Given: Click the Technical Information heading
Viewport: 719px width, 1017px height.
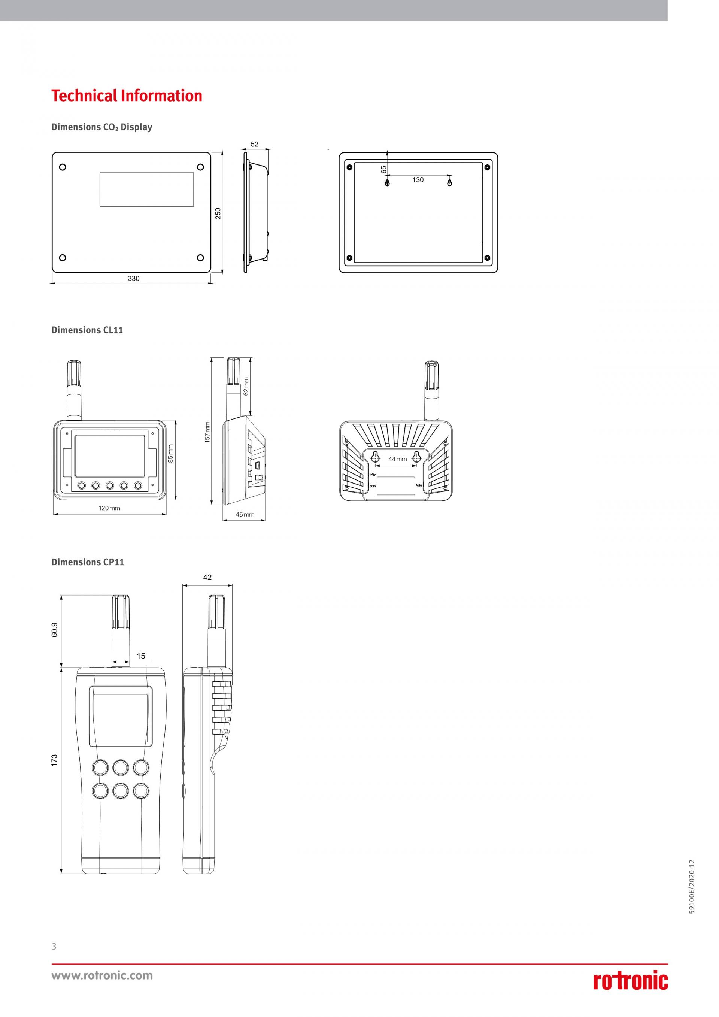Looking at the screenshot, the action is pos(127,96).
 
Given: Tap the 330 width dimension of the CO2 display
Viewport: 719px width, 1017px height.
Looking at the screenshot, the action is pos(133,279).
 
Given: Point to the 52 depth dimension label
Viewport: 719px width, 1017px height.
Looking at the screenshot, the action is pos(255,144).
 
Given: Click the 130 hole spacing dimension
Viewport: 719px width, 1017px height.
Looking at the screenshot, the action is pos(418,180).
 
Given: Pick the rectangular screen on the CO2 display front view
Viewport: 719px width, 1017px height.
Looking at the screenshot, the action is pos(146,189).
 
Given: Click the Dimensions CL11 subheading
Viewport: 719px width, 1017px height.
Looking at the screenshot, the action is pos(87,330).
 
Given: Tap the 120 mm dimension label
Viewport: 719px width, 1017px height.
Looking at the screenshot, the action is pos(109,508).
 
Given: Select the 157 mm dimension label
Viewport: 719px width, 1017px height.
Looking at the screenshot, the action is pos(207,432).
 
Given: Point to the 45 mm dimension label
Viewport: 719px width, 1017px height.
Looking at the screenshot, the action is pos(245,514).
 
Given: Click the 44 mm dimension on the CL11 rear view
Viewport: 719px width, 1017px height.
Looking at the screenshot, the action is pos(397,459).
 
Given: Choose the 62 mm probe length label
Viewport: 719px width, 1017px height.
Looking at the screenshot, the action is pos(246,386).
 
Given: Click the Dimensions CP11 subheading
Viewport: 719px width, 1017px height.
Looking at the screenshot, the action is pos(88,562).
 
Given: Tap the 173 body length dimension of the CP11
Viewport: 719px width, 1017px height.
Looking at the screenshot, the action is pos(54,760).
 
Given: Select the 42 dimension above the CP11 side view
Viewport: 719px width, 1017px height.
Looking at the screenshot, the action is pos(207,578).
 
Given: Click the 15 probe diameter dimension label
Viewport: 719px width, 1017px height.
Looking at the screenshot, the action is pos(141,656).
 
